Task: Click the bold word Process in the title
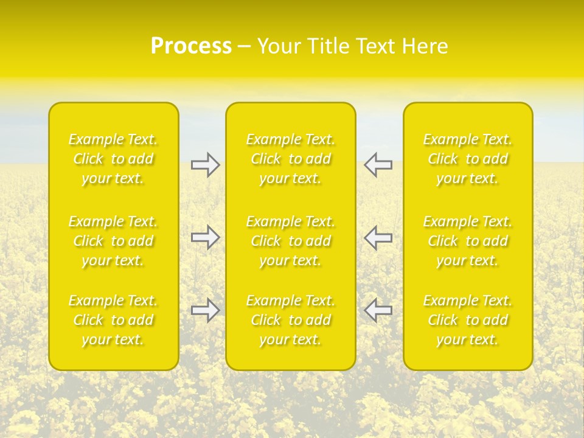pyautogui.click(x=191, y=46)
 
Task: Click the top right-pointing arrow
pyautogui.click(x=205, y=165)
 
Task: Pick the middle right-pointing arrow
pyautogui.click(x=205, y=237)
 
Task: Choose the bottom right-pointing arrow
pyautogui.click(x=205, y=310)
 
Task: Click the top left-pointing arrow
pyautogui.click(x=378, y=165)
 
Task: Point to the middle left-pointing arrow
pyautogui.click(x=378, y=237)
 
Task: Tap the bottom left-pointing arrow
pyautogui.click(x=378, y=310)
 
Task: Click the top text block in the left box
pyautogui.click(x=113, y=159)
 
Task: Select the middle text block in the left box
pyautogui.click(x=113, y=241)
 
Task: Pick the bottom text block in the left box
pyautogui.click(x=113, y=320)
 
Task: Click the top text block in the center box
pyautogui.click(x=291, y=159)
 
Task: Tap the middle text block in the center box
pyautogui.click(x=291, y=241)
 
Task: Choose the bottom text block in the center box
pyautogui.click(x=291, y=320)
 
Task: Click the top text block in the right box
pyautogui.click(x=468, y=159)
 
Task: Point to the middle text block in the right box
pyautogui.click(x=468, y=241)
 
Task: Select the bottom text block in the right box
pyautogui.click(x=468, y=320)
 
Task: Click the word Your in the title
pyautogui.click(x=278, y=46)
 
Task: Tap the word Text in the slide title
pyautogui.click(x=375, y=46)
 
